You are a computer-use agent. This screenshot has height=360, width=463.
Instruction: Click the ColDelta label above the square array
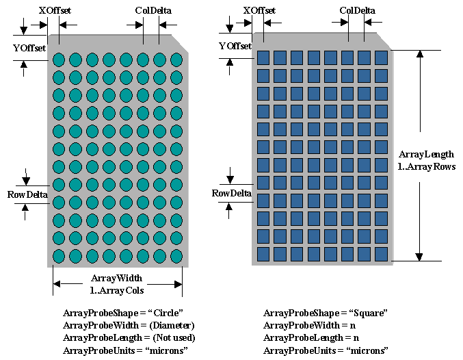point(358,10)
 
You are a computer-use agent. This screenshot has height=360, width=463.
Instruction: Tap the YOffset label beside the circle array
point(30,48)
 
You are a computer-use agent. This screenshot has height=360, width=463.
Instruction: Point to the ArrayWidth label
point(116,278)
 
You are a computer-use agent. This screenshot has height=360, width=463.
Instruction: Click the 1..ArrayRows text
point(426,166)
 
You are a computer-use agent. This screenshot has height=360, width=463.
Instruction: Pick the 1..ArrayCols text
point(116,290)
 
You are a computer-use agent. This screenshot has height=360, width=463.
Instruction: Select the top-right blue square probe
point(381,57)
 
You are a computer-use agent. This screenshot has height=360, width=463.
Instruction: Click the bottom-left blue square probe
point(263,253)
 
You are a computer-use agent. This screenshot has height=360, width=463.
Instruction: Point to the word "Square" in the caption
point(370,313)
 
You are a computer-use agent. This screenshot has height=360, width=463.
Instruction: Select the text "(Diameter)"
point(172,325)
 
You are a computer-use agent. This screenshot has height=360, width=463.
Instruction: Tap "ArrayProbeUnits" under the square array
point(295,351)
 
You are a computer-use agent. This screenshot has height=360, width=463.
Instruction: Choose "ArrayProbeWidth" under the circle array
point(94,325)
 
